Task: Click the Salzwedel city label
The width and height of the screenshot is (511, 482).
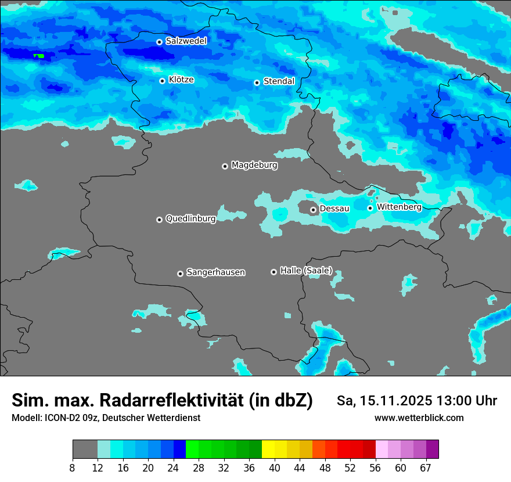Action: pos(186,41)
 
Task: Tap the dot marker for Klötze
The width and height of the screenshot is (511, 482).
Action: pos(162,81)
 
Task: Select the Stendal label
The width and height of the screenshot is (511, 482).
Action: pos(279,81)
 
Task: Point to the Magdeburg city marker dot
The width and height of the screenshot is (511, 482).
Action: pos(225,166)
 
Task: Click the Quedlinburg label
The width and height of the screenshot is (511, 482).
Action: pos(190,219)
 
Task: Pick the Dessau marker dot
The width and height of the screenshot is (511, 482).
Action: pos(313,210)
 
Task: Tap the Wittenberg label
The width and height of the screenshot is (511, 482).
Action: pos(399,207)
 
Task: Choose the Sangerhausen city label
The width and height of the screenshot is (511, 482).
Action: pos(215,272)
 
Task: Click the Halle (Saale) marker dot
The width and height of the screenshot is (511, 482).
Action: pos(274,272)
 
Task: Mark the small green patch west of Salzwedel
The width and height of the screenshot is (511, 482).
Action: pos(38,56)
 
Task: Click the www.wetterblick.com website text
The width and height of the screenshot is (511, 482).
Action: pos(419,418)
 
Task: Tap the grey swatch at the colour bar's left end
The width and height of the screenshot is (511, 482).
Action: pos(85,449)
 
